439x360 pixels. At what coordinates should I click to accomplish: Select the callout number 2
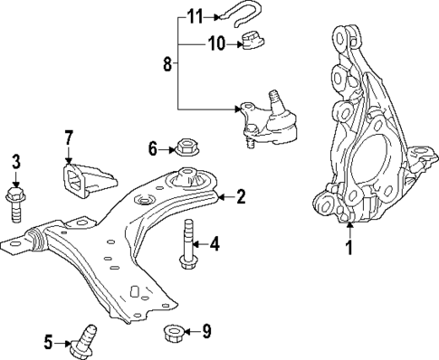(241, 195)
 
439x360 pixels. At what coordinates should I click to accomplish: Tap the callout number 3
(16, 163)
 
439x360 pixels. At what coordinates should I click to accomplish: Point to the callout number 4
(215, 242)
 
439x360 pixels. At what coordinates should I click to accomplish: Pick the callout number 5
(49, 341)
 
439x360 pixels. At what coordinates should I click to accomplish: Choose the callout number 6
(153, 147)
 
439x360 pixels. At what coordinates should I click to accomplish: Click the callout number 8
(167, 64)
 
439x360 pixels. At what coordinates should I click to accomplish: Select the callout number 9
(206, 331)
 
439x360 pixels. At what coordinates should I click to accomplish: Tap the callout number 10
(215, 42)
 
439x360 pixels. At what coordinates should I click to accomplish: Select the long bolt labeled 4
(189, 244)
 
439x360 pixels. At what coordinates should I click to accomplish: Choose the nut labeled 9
(173, 333)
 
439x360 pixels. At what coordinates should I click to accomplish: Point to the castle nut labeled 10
(252, 40)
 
